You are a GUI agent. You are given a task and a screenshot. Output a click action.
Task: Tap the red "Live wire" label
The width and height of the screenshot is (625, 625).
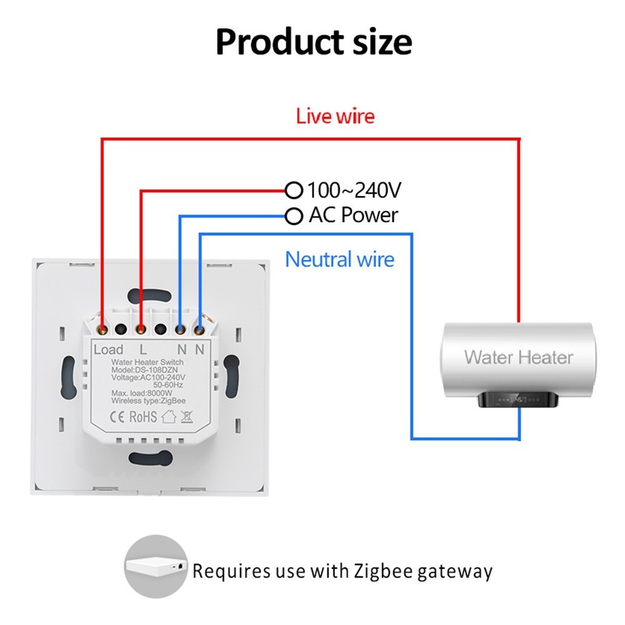335,116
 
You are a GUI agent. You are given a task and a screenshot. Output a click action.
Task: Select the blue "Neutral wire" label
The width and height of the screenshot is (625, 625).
339,259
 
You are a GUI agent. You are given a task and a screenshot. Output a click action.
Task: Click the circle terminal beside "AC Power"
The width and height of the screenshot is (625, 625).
293,216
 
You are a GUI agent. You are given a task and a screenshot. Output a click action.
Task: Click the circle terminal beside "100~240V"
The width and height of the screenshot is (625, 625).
293,189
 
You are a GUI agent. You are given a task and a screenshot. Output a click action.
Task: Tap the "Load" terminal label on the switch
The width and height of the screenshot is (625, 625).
108,349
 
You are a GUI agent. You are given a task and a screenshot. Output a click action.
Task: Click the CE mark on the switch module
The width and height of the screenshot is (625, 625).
120,416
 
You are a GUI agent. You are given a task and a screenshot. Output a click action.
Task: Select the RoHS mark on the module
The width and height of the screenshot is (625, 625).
144,416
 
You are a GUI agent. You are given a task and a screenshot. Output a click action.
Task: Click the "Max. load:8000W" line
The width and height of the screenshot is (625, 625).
141,392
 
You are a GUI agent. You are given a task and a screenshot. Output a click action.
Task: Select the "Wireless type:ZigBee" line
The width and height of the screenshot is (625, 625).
147,401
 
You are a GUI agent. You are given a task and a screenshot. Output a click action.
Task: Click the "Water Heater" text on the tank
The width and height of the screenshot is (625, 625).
518,357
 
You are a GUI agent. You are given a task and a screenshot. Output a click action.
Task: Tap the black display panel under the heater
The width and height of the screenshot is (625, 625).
517,399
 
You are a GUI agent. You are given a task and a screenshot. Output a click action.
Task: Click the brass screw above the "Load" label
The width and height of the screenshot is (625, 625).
102,326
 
